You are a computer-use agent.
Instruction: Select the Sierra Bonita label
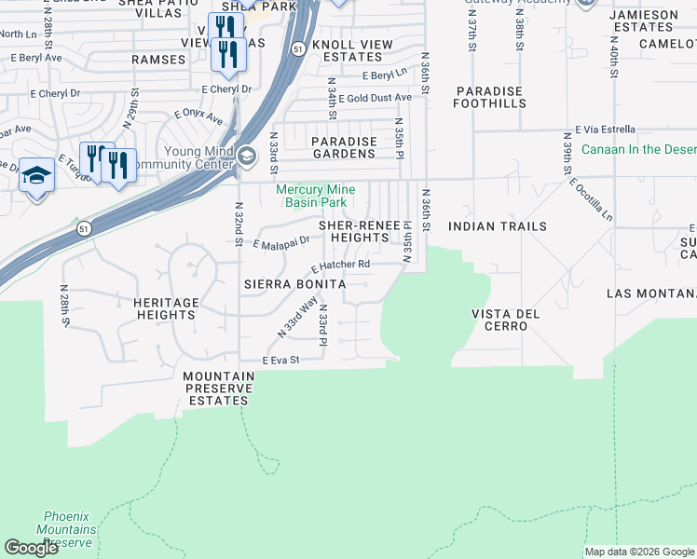[295, 283]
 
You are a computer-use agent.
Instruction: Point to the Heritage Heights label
[165, 308]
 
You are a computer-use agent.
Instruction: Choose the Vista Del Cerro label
[506, 320]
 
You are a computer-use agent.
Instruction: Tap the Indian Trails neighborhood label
[498, 226]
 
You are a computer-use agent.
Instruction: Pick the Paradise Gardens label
[344, 147]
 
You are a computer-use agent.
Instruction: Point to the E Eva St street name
[280, 360]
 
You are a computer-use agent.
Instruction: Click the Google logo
[31, 548]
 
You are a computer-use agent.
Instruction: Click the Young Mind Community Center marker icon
[247, 156]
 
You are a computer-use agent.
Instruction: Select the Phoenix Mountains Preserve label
[66, 529]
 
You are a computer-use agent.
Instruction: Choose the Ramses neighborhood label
[158, 59]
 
